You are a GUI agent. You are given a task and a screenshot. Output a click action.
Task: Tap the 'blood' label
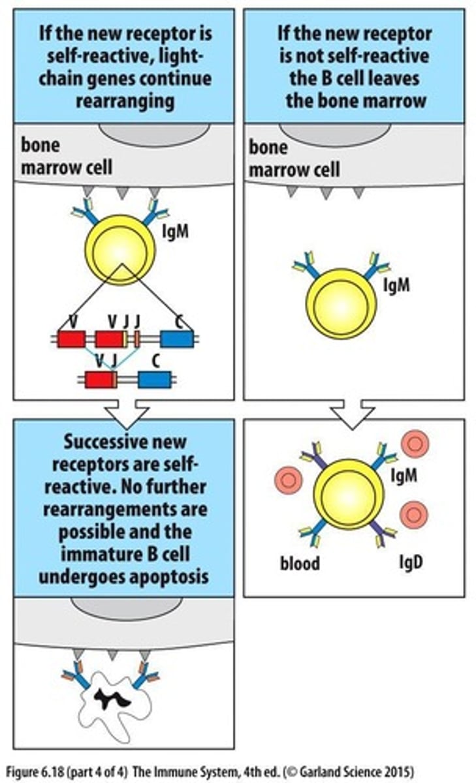click(x=300, y=563)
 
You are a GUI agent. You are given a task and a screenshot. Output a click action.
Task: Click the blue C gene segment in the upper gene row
click(x=176, y=339)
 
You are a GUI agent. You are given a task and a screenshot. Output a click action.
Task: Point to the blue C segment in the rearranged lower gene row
click(x=155, y=379)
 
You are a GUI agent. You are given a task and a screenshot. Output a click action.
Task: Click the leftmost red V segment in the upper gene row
click(x=71, y=339)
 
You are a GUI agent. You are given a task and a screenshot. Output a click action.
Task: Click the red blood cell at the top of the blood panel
click(x=415, y=444)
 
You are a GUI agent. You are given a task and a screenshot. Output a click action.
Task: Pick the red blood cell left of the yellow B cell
click(x=290, y=480)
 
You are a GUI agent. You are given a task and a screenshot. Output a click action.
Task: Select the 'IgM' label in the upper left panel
click(x=175, y=231)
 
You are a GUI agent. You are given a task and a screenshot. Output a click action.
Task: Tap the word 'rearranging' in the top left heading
click(x=123, y=100)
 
